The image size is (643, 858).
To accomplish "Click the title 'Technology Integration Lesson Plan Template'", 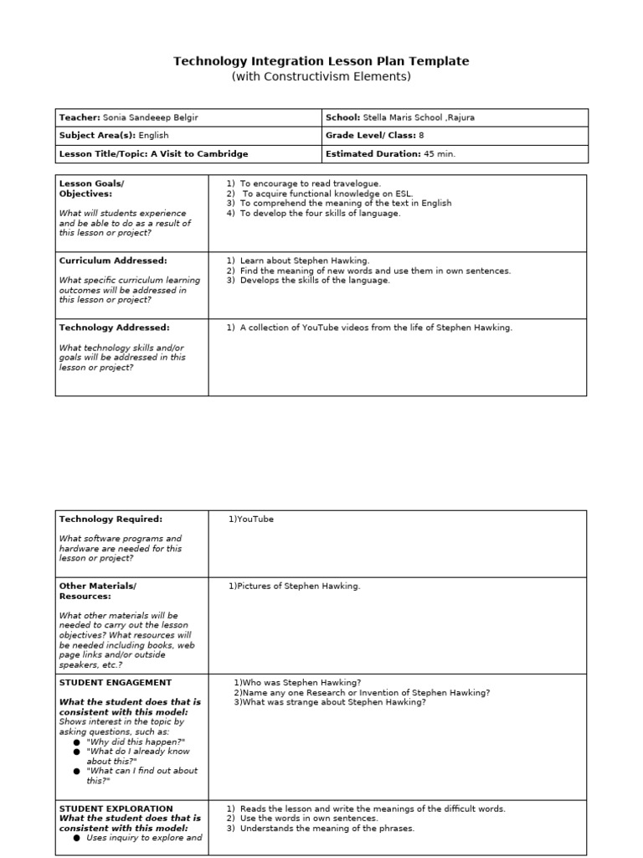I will pyautogui.click(x=321, y=61).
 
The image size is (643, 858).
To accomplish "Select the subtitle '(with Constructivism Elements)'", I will pyautogui.click(x=321, y=77).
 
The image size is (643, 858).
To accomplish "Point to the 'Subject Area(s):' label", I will pyautogui.click(x=90, y=136).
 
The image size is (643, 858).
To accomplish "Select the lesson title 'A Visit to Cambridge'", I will pyautogui.click(x=199, y=154).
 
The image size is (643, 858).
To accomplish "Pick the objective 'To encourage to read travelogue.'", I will pyautogui.click(x=310, y=183).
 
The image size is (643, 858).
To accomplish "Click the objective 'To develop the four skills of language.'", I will pyautogui.click(x=320, y=214).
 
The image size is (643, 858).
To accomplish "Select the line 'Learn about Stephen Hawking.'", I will pyautogui.click(x=304, y=261).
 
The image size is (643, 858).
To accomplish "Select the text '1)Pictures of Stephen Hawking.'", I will pyautogui.click(x=295, y=587).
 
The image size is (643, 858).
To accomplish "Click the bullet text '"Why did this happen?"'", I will pyautogui.click(x=135, y=742).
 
